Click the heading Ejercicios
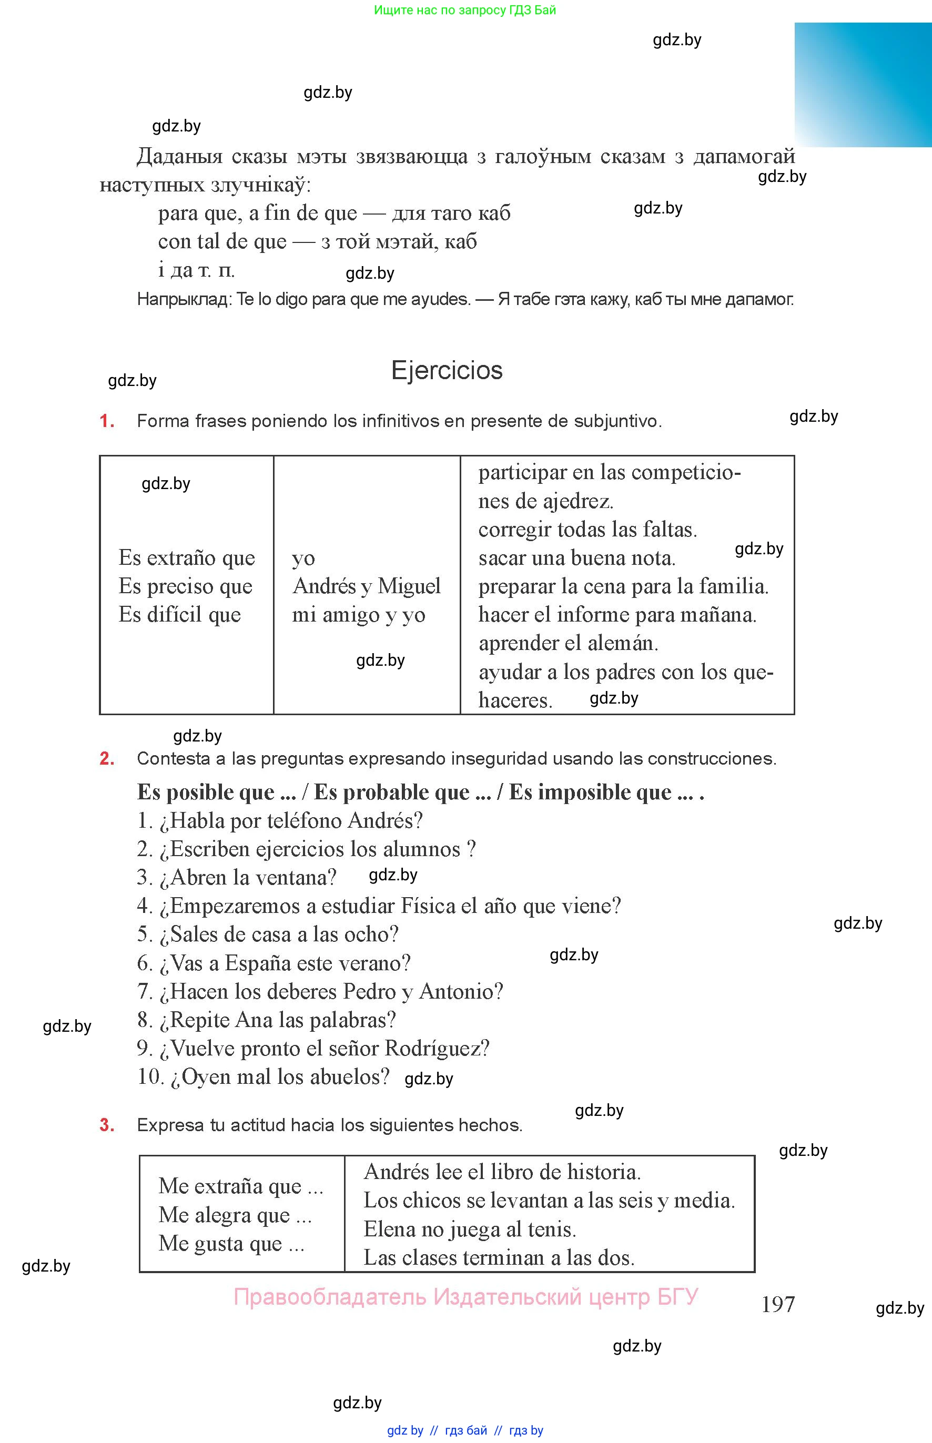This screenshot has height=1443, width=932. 447,370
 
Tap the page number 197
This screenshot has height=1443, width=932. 778,1304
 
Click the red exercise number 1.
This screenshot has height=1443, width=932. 107,421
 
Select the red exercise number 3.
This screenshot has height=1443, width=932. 107,1125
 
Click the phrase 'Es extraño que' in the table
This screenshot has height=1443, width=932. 186,558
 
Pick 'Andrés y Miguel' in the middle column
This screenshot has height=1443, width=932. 366,586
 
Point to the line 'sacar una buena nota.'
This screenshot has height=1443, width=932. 576,558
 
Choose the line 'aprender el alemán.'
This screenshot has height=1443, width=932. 568,643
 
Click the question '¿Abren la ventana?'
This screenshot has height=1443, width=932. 236,877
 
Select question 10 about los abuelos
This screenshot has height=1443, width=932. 264,1076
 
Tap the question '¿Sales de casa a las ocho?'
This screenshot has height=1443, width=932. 268,934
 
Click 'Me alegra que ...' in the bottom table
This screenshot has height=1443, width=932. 235,1215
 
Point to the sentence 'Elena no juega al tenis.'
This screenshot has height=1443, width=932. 470,1229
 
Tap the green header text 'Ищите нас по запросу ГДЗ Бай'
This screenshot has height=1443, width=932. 465,9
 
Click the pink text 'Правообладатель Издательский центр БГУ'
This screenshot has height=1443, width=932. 465,1297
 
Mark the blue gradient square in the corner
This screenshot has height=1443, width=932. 863,84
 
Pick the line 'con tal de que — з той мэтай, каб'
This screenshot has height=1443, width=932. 317,241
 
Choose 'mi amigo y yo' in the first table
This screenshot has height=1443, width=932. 358,615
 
